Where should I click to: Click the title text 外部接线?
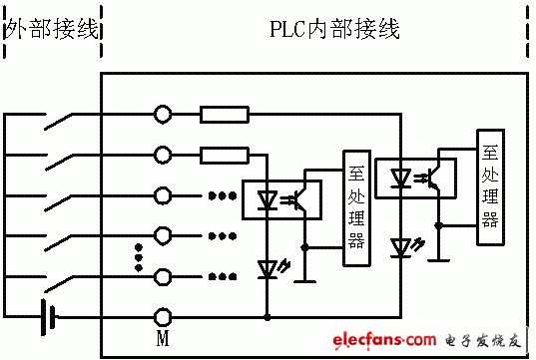[x=52, y=28]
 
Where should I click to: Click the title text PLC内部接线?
[x=334, y=28]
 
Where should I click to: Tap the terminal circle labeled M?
[x=163, y=316]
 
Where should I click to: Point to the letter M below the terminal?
[x=163, y=338]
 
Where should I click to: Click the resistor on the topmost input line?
[x=225, y=114]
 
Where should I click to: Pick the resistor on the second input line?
[x=225, y=155]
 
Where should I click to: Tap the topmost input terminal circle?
[x=163, y=114]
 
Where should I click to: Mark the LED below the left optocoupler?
[x=268, y=269]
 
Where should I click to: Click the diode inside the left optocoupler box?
[x=268, y=198]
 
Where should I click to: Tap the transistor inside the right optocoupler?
[x=436, y=178]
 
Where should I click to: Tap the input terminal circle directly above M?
[x=163, y=276]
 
